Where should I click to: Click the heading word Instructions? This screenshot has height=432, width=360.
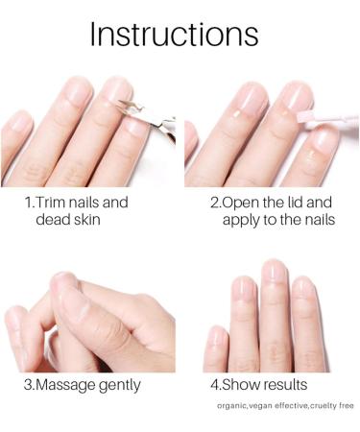(174, 34)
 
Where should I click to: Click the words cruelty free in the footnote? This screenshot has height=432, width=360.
(329, 407)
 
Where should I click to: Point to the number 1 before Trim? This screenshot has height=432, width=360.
(29, 203)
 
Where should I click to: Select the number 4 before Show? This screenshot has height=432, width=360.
(215, 385)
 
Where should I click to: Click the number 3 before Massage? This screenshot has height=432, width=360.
(29, 385)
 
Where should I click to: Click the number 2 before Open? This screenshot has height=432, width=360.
(215, 203)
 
